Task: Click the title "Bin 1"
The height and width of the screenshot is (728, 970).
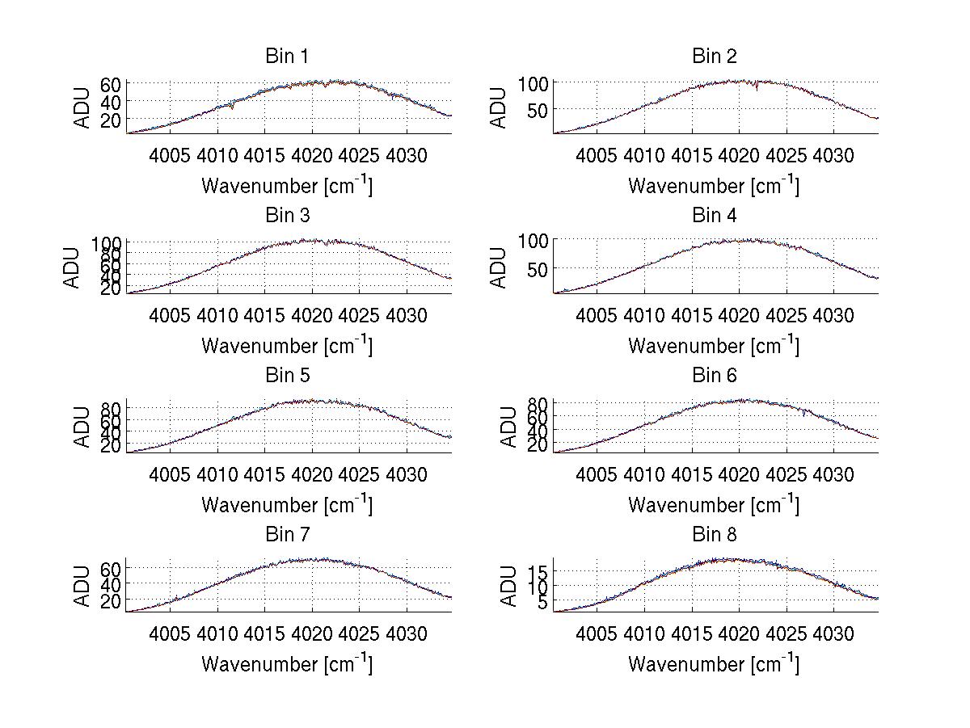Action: coord(287,57)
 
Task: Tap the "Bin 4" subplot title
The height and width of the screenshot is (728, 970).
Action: coord(714,216)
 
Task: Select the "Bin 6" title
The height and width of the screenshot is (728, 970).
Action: coord(714,376)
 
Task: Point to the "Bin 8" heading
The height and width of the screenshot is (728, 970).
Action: coord(714,535)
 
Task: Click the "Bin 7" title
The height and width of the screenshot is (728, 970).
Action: coord(287,535)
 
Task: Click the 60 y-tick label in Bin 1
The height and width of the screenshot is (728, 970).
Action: coord(111,85)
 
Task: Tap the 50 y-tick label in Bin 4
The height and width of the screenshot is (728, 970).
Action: coord(538,269)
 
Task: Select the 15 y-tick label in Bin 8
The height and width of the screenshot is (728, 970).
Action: coord(538,572)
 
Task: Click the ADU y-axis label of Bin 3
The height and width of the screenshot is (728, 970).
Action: coord(74,267)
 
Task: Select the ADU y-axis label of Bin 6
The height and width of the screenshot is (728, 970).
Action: coord(508,427)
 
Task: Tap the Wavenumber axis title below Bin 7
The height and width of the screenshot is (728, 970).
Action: coord(287,663)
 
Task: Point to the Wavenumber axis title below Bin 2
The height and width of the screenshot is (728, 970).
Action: coord(714,185)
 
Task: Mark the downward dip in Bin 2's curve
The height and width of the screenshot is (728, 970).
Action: coord(756,87)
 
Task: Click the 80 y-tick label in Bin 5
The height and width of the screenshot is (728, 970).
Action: coord(111,406)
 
